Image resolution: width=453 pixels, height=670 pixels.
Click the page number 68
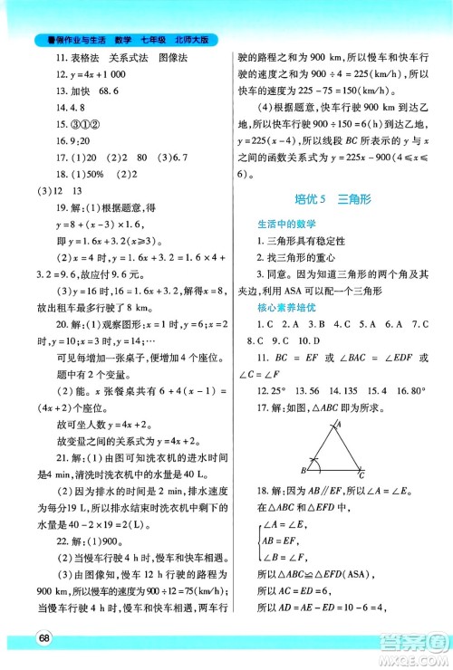[x=43, y=638]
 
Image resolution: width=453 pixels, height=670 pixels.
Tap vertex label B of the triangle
[x=305, y=470]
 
